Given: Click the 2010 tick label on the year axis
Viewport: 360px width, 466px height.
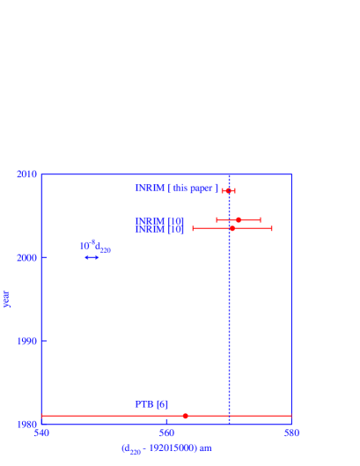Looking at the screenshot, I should pos(26,174).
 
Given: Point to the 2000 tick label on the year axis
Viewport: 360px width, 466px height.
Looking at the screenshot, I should pos(26,257).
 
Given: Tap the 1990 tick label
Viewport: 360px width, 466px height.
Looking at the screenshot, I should pos(26,341).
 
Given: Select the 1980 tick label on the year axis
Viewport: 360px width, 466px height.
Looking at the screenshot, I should pos(26,424).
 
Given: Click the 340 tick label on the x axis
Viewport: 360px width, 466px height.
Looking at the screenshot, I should pos(41,433).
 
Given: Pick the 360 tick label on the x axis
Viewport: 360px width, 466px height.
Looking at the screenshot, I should pos(166,433).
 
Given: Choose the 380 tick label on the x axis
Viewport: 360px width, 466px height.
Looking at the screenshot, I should pos(291,433).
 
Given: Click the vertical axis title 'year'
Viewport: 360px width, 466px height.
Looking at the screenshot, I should pos(7,299).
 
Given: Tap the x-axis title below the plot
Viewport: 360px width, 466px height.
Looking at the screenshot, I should pos(165,448).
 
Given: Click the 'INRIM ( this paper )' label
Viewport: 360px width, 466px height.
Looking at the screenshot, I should pos(176,189).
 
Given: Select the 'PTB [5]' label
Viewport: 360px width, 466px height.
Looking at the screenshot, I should pos(151,404).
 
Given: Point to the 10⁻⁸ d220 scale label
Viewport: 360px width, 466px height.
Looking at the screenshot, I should pos(95,247).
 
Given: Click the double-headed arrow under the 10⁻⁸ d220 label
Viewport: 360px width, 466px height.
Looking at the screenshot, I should pos(92,257).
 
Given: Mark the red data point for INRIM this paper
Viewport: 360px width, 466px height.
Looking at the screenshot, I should pos(228,190).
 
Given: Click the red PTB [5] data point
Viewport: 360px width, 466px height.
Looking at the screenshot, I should pos(185,416).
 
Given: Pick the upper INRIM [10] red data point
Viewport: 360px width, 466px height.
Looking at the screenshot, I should pos(239,220).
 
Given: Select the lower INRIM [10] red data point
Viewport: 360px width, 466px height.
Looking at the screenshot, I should pos(232,228).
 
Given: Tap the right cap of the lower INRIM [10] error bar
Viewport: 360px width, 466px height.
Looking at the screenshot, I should pos(271,228).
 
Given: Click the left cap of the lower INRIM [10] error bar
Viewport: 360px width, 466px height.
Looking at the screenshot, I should pos(193,228).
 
